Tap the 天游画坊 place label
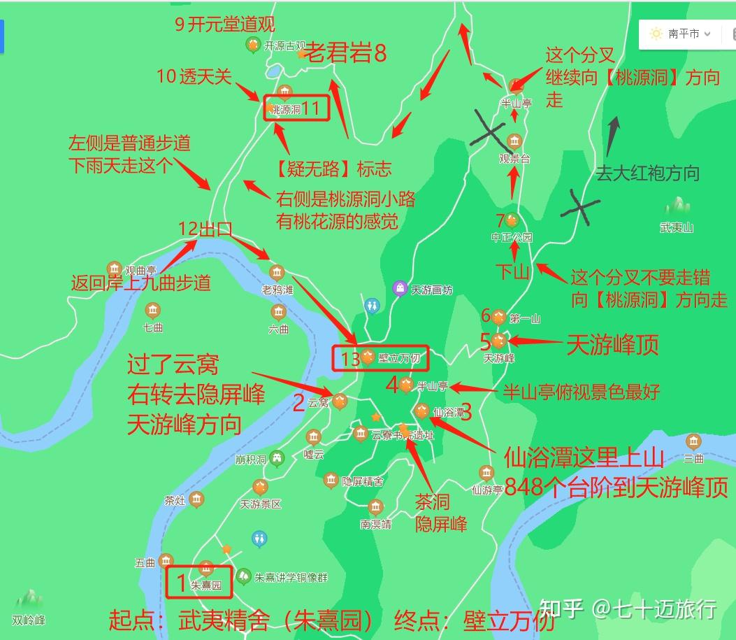pyautogui.click(x=432, y=290)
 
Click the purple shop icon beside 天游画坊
pyautogui.click(x=400, y=287)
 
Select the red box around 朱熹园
pyautogui.click(x=199, y=583)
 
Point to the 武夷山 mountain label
pyautogui.click(x=677, y=227)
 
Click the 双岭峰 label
pyautogui.click(x=29, y=620)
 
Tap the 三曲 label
pyautogui.click(x=693, y=458)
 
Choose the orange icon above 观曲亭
pyautogui.click(x=114, y=268)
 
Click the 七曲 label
pyautogui.click(x=152, y=327)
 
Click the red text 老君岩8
pyautogui.click(x=346, y=54)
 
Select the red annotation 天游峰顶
pyautogui.click(x=612, y=344)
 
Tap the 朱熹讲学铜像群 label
pyautogui.click(x=291, y=578)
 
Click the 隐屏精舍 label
pyautogui.click(x=362, y=481)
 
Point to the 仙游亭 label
pyautogui.click(x=488, y=490)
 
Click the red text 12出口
pyautogui.click(x=205, y=229)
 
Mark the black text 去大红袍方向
pyautogui.click(x=647, y=173)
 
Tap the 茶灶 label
pyautogui.click(x=174, y=500)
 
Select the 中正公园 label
pyautogui.click(x=512, y=237)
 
